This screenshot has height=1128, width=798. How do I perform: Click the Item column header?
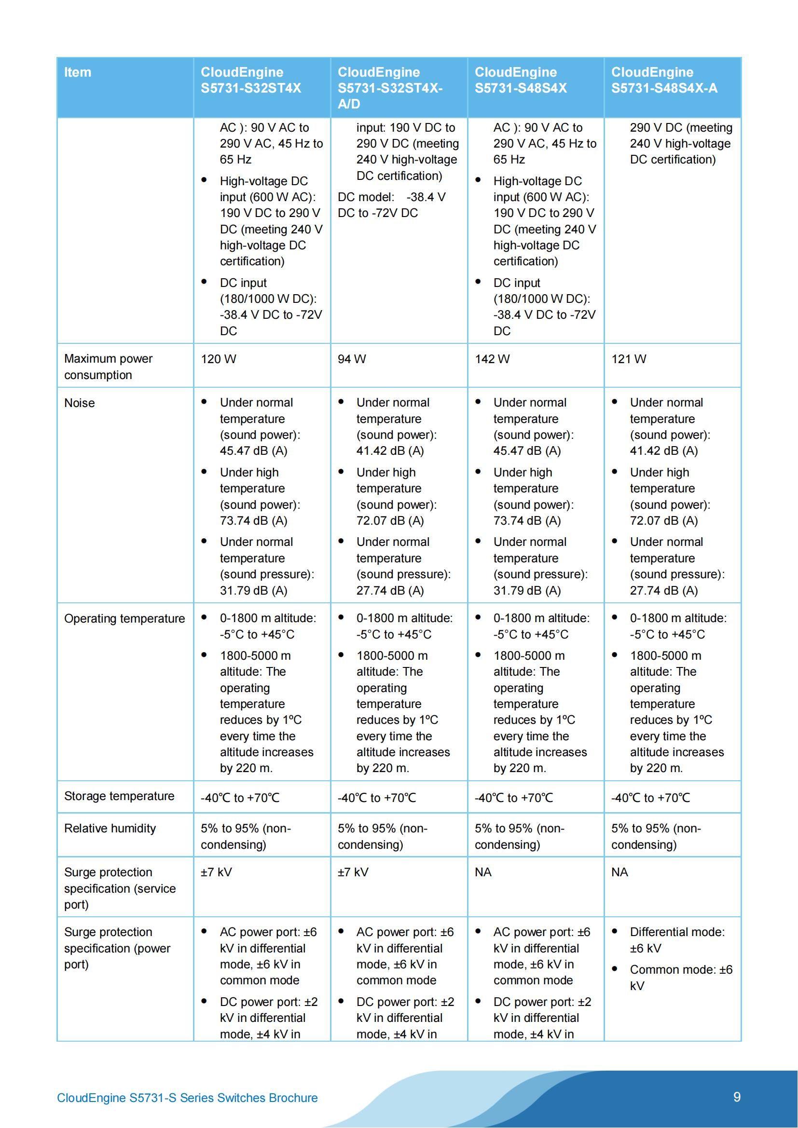click(x=78, y=72)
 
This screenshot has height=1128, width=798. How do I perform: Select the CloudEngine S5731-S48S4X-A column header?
click(x=664, y=80)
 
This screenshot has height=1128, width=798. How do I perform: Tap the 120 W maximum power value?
click(x=218, y=359)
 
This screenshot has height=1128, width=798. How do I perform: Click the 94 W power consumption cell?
click(x=351, y=359)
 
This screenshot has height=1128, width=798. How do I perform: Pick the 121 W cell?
click(x=629, y=359)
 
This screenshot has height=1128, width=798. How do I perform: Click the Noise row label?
click(x=80, y=403)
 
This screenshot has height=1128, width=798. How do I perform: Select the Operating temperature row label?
click(x=124, y=619)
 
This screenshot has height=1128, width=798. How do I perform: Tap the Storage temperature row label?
click(x=119, y=796)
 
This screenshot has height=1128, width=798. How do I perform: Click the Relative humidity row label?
click(x=110, y=829)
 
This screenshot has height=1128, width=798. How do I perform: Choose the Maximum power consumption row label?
click(x=108, y=367)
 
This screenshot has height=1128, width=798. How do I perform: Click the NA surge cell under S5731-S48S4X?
click(x=482, y=872)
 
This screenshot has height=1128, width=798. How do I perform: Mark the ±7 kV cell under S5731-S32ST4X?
click(x=216, y=872)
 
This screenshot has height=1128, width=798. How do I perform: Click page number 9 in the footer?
click(x=737, y=1097)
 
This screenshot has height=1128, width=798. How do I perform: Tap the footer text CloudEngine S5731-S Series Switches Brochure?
click(x=187, y=1098)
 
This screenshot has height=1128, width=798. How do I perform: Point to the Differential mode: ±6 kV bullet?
click(x=676, y=940)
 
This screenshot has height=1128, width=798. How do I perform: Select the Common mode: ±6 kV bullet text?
click(x=681, y=978)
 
